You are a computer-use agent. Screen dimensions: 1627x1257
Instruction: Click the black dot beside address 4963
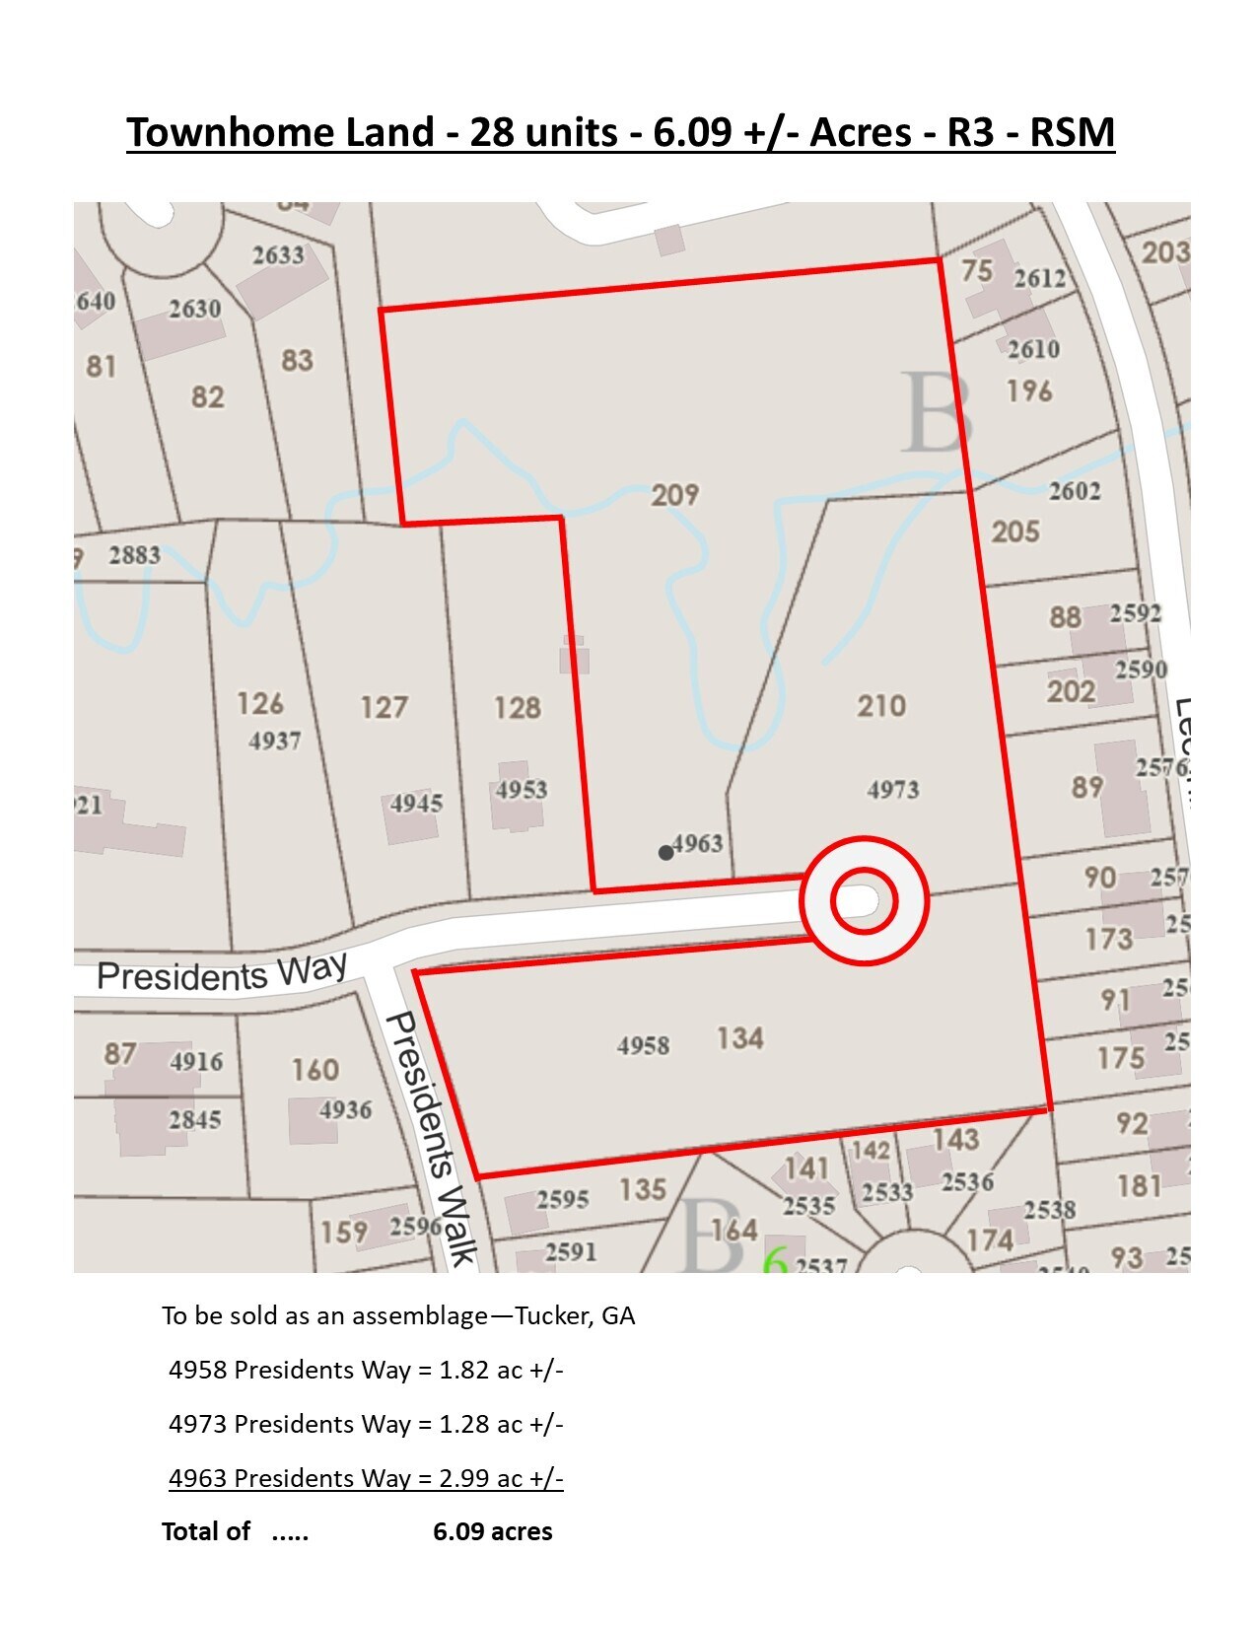point(666,853)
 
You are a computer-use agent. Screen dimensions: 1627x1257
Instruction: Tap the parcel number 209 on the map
point(675,494)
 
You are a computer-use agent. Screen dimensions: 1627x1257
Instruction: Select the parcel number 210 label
point(880,706)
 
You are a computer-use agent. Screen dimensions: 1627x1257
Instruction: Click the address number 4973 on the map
point(893,790)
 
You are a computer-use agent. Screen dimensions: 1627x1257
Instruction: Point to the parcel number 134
point(739,1038)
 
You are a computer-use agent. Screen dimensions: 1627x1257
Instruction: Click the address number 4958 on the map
point(644,1045)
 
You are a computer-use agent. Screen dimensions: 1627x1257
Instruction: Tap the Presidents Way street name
point(222,973)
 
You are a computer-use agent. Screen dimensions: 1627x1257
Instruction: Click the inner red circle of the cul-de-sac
point(864,901)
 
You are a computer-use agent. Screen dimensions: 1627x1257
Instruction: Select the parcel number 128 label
point(518,707)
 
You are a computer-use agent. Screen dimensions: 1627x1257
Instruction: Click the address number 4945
point(416,803)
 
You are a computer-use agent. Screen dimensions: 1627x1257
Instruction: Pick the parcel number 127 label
point(384,707)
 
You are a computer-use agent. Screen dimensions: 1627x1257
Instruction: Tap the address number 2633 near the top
point(278,255)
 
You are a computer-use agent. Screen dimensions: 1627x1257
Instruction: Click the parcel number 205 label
point(1015,532)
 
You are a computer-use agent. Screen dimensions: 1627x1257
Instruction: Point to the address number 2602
point(1075,491)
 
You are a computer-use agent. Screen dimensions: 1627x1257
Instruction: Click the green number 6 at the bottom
point(776,1261)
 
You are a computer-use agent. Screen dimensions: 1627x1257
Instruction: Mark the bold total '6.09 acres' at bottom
point(493,1531)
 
